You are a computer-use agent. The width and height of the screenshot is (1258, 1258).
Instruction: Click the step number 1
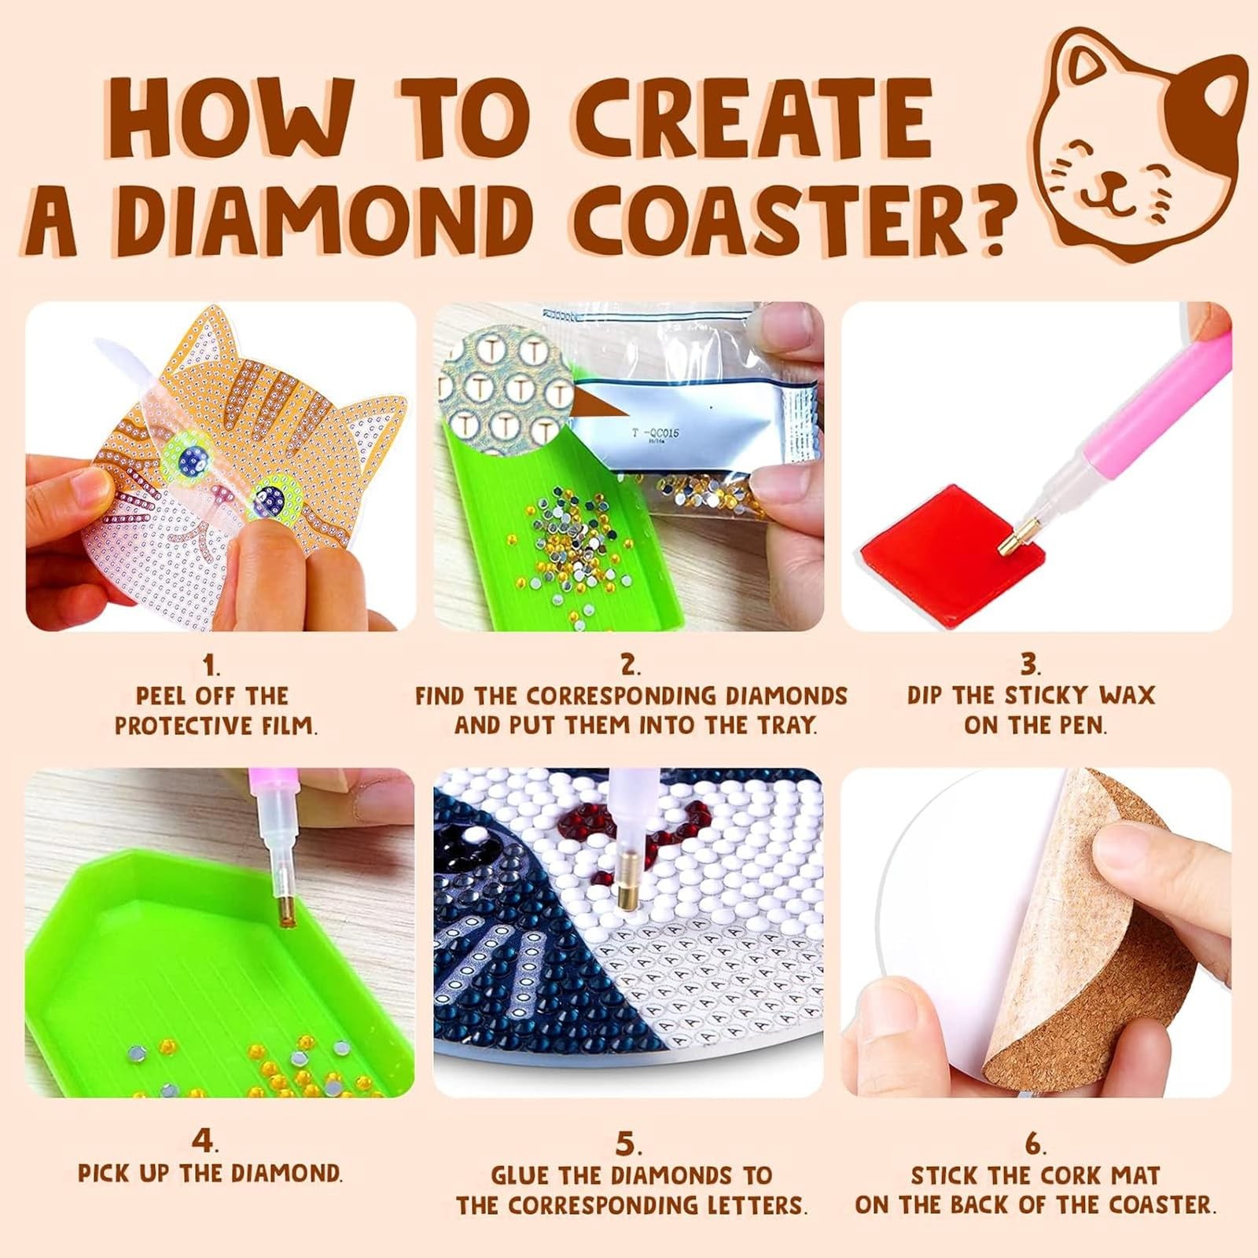(210, 666)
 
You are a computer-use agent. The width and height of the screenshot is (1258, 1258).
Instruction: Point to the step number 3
(1029, 664)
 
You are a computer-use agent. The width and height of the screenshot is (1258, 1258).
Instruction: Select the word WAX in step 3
(1126, 695)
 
